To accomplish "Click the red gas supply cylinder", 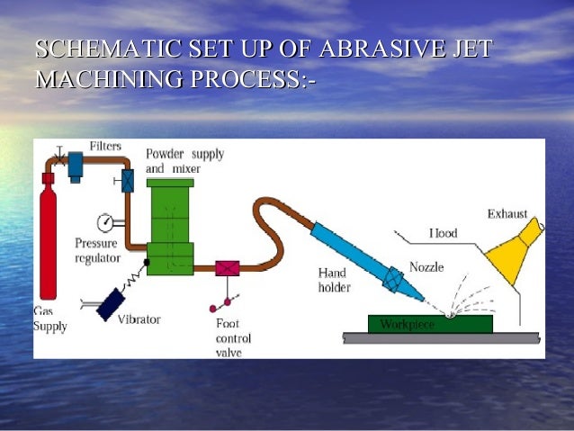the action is [x=48, y=243].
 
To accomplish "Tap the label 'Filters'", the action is [x=105, y=147].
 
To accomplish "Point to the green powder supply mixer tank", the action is [x=171, y=225].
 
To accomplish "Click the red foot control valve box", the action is [x=227, y=267].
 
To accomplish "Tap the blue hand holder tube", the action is [x=351, y=251].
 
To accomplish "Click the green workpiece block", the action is [x=430, y=323].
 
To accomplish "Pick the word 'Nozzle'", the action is [x=426, y=267].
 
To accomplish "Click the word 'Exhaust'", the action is [x=507, y=214].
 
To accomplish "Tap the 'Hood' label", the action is [x=443, y=233].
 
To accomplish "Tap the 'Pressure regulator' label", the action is [x=97, y=251].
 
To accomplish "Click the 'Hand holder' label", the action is [x=334, y=280].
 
